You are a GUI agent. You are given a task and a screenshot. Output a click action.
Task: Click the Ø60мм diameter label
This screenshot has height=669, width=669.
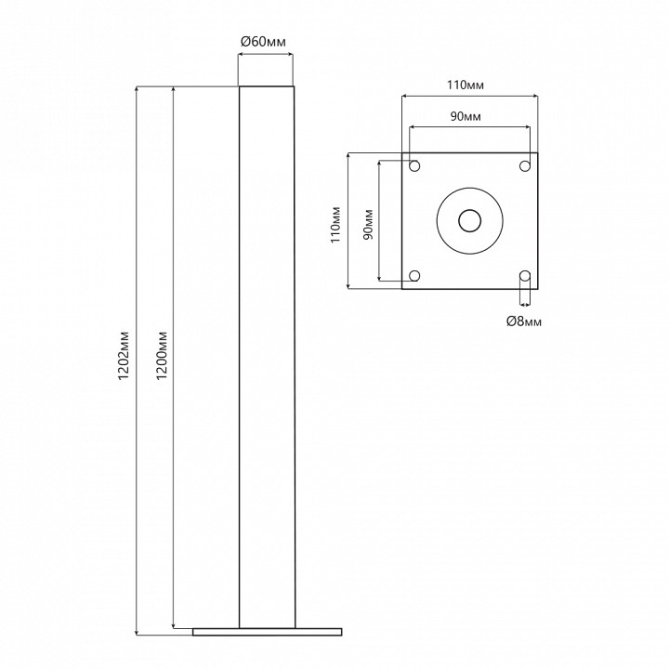point(263,42)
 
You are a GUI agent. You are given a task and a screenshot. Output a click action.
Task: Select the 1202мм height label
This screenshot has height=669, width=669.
point(124,355)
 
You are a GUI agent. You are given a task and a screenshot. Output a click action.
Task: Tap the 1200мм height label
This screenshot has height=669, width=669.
point(162,355)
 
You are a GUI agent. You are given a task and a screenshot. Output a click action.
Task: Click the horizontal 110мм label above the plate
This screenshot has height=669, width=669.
point(466,85)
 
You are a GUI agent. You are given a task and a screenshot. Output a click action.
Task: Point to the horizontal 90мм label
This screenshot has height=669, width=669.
point(466,116)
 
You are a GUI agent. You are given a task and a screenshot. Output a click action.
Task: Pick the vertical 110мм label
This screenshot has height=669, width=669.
point(336,225)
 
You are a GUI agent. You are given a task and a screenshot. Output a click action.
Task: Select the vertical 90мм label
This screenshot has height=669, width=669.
point(368,225)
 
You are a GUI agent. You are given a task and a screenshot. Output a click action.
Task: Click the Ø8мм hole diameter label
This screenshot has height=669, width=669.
point(524,321)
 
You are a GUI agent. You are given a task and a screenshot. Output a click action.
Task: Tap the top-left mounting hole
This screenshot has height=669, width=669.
point(414,165)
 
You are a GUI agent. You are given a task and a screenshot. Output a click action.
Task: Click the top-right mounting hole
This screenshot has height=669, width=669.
point(525,165)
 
